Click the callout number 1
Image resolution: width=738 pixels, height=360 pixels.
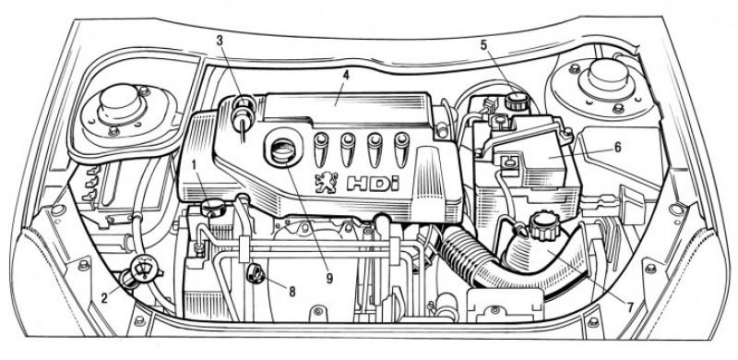tap(194, 165)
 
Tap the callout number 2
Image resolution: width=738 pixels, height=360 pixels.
tap(105, 297)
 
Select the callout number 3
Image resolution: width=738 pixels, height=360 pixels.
tap(220, 41)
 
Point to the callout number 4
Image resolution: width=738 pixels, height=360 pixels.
tap(345, 75)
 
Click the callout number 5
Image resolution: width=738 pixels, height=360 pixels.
tap(483, 45)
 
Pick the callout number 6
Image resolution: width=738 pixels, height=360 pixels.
tap(617, 147)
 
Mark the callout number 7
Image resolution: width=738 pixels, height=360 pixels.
tap(630, 306)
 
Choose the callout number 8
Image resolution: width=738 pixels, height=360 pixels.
tap(292, 292)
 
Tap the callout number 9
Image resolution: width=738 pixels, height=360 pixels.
tap(329, 279)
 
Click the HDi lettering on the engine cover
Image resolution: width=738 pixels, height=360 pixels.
tap(373, 184)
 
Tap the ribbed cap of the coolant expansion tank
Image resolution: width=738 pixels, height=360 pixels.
tap(542, 225)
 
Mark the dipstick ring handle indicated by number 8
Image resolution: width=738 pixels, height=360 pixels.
tap(256, 274)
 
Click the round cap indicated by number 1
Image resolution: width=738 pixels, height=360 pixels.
tap(213, 208)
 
